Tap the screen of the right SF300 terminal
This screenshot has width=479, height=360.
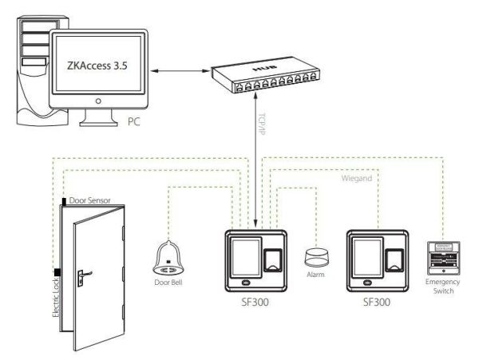[366, 255]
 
